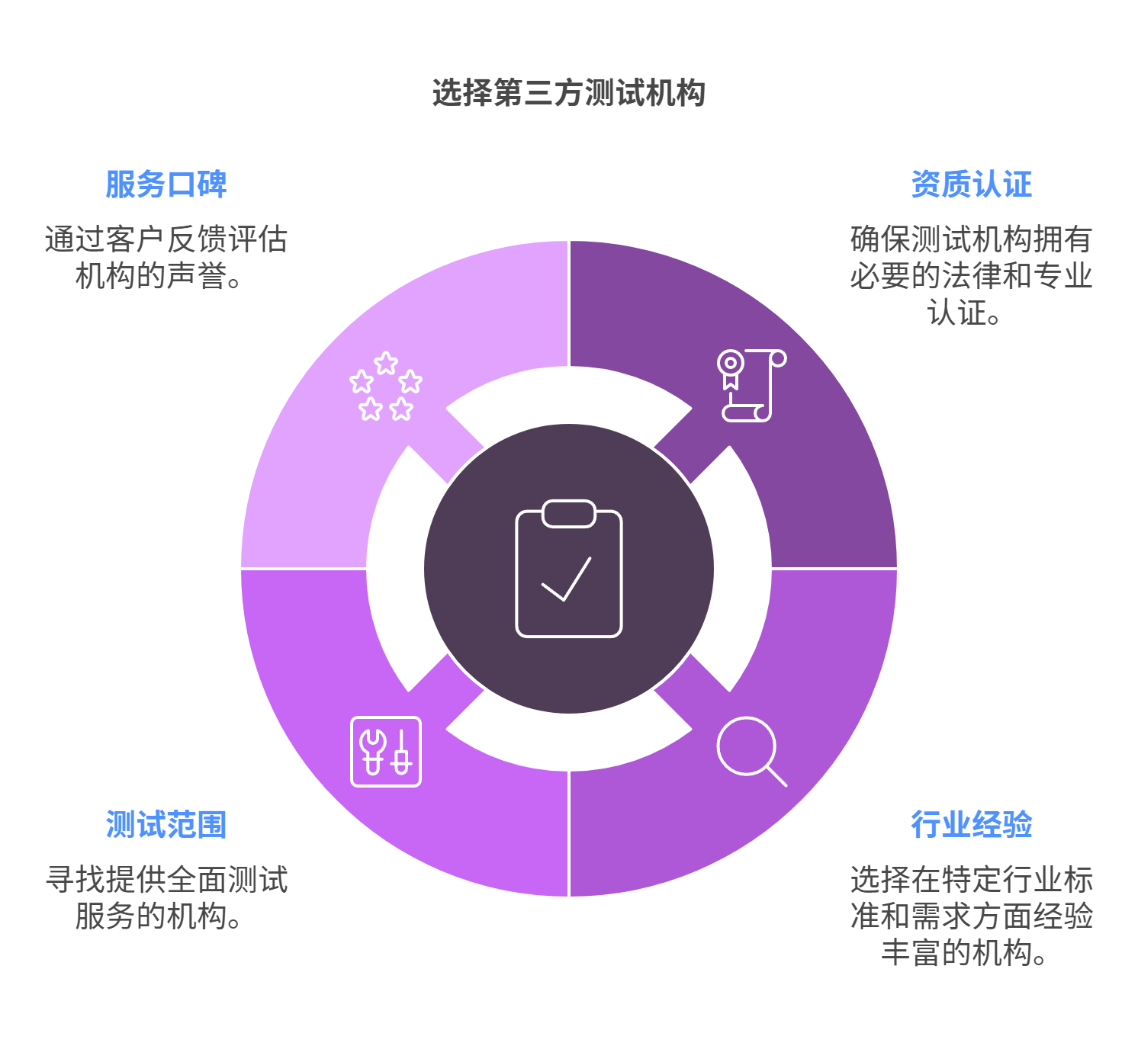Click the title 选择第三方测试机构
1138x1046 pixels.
pyautogui.click(x=568, y=93)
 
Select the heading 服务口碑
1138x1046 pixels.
pyautogui.click(x=166, y=184)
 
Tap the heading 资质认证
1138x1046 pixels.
pyautogui.click(x=971, y=184)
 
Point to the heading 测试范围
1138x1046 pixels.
pyautogui.click(x=166, y=825)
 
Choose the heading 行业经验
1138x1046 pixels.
pyautogui.click(x=971, y=825)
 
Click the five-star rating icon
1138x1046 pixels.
pyautogui.click(x=385, y=387)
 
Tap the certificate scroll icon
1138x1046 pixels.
pyautogui.click(x=751, y=385)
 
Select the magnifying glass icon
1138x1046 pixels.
pyautogui.click(x=751, y=751)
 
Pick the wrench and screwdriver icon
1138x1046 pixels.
pyautogui.click(x=385, y=751)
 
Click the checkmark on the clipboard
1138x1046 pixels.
pyautogui.click(x=566, y=581)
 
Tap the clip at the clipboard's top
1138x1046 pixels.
pyautogui.click(x=568, y=514)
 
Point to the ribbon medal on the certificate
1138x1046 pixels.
pyautogui.click(x=731, y=370)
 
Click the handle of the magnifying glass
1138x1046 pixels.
pyautogui.click(x=776, y=776)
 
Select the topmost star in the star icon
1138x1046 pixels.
pyautogui.click(x=386, y=363)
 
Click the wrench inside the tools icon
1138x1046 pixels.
pyautogui.click(x=372, y=751)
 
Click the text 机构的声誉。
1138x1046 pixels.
pyautogui.click(x=159, y=276)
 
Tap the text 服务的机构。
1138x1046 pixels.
pyautogui.click(x=159, y=916)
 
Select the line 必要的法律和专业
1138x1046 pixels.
pyautogui.click(x=971, y=276)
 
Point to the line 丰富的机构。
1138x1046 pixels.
pyautogui.click(x=963, y=953)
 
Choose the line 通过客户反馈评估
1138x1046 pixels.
pyautogui.click(x=166, y=239)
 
